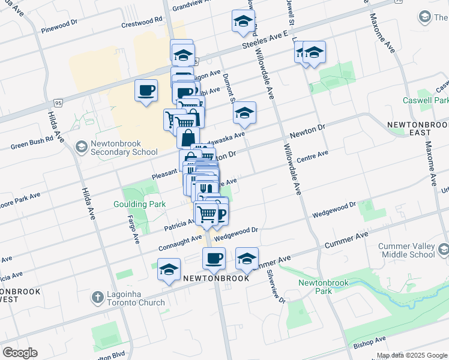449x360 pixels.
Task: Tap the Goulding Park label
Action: pyautogui.click(x=139, y=204)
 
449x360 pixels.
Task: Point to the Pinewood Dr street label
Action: pyautogui.click(x=59, y=26)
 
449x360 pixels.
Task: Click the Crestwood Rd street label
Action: pyautogui.click(x=142, y=20)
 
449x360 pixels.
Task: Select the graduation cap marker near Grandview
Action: pyautogui.click(x=243, y=21)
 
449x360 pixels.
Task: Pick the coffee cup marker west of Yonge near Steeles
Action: pyautogui.click(x=146, y=91)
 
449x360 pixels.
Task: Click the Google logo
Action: pyautogui.click(x=20, y=353)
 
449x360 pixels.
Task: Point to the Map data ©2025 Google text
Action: pyautogui.click(x=412, y=355)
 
